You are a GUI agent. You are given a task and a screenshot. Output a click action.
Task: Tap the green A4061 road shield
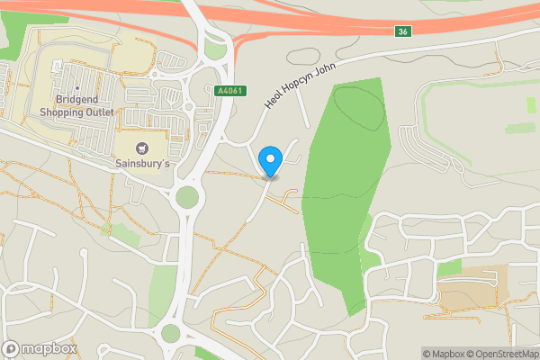(x=230, y=90)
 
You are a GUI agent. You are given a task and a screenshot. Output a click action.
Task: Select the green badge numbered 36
(x=401, y=32)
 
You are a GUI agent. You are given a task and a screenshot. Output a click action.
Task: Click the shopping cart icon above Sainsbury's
(x=141, y=148)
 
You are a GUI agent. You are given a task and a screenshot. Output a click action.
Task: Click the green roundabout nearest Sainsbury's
(x=186, y=197)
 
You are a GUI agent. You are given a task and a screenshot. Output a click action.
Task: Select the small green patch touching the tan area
(x=448, y=268)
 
